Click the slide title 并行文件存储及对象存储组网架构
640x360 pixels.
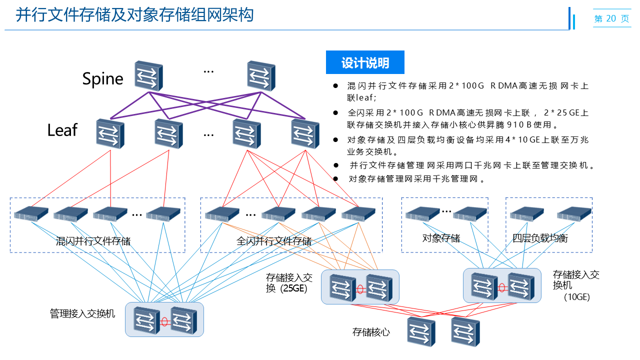point(134,15)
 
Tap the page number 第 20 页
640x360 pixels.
point(611,18)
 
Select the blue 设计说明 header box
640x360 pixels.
point(365,62)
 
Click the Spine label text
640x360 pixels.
point(102,79)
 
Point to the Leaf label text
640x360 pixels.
point(62,130)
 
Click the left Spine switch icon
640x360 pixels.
point(148,76)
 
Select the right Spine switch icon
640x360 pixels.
point(261,76)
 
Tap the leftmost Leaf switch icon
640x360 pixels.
point(110,133)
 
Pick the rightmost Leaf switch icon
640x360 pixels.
point(305,133)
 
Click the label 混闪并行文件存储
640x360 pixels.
point(93,241)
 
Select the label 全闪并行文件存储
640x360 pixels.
point(274,241)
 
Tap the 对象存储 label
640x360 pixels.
point(441,238)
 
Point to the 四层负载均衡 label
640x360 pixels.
point(540,238)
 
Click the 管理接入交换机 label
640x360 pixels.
point(82,314)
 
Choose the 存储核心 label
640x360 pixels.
point(371,332)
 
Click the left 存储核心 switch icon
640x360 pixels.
point(421,331)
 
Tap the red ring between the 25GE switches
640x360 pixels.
point(359,288)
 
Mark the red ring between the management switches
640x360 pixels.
point(164,321)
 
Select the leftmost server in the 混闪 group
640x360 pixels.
point(31,214)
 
